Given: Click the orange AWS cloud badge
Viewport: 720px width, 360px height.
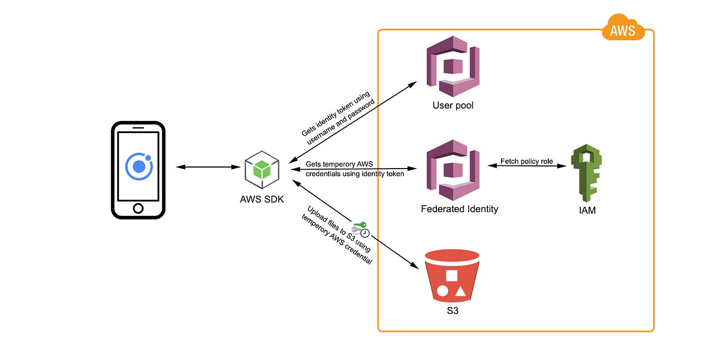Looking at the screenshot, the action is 624,28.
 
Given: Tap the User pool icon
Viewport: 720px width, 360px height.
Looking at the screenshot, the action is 453,66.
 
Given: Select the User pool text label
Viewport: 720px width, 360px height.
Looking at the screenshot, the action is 453,106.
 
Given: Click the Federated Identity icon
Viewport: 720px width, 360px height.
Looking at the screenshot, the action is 453,170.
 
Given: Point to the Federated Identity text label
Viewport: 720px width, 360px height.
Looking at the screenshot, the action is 459,209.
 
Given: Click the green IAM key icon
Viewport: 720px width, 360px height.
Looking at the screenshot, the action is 586,173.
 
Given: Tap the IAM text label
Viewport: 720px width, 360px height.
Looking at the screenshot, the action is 587,210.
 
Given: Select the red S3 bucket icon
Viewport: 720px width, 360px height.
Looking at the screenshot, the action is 452,276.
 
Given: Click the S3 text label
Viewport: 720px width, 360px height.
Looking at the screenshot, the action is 453,311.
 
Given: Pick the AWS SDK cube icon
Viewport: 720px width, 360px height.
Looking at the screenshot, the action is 262,170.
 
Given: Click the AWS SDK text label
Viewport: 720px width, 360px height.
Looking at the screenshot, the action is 262,199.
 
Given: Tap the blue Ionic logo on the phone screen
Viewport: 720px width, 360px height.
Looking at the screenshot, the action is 139,166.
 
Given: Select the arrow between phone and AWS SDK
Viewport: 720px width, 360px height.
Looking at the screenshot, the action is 208,167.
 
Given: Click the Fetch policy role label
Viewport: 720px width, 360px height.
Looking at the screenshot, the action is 526,161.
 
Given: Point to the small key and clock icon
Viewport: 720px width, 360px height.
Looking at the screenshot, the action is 361,229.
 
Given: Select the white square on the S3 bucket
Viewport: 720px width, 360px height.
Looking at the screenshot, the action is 452,276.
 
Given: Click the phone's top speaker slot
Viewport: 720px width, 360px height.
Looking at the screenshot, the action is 138,128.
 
